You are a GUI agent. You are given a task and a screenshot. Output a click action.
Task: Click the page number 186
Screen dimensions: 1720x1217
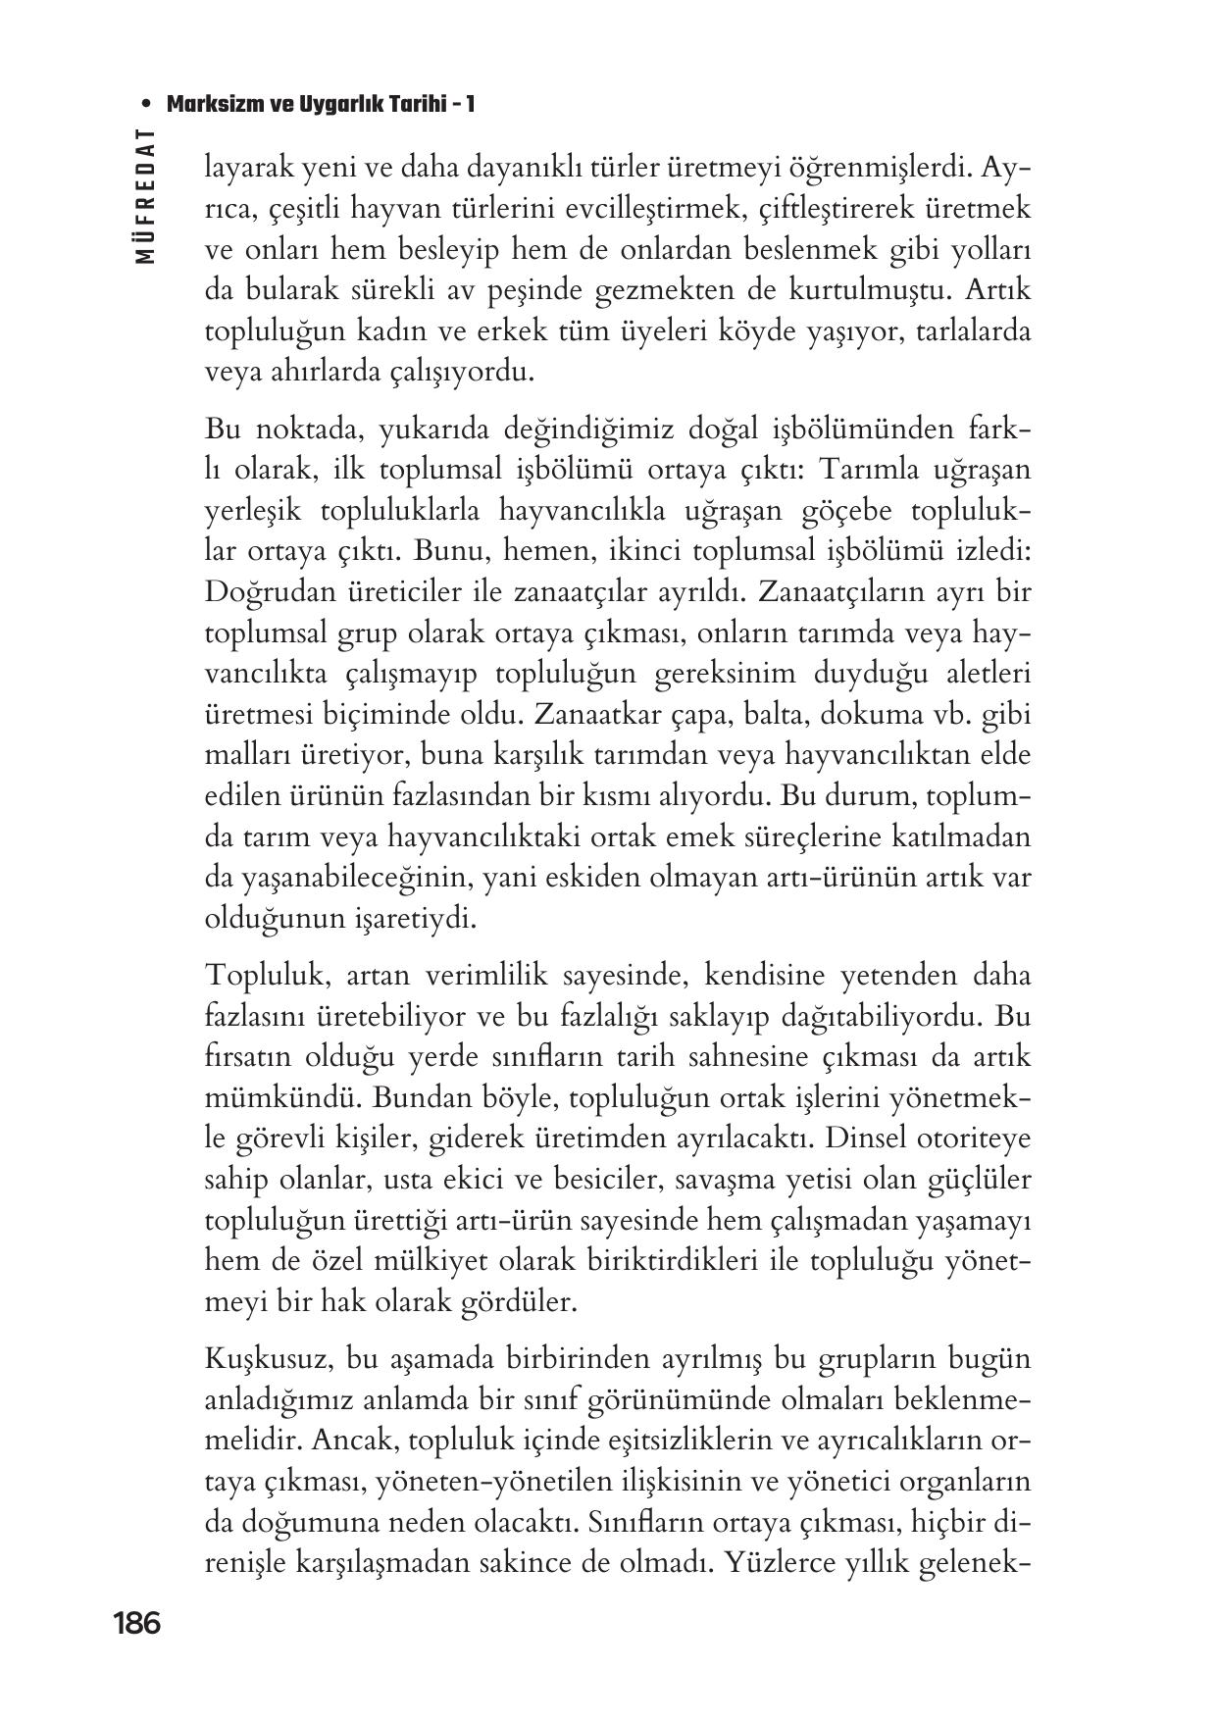click(136, 1623)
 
